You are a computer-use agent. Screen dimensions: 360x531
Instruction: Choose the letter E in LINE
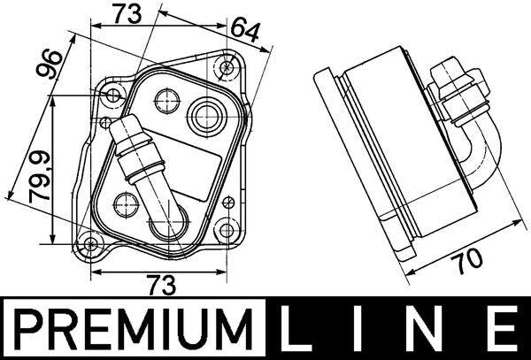coord(503,329)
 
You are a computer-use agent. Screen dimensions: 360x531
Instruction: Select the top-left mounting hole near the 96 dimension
coord(112,95)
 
